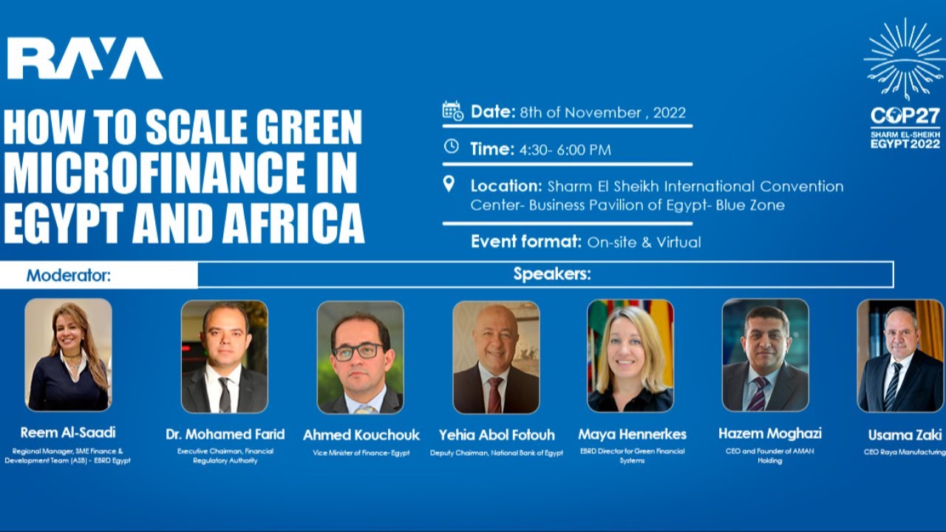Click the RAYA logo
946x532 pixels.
coord(84,58)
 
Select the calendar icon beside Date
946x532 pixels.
coord(452,112)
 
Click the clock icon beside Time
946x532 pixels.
coord(451,147)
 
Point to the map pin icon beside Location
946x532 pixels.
coord(449,184)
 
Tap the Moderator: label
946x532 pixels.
coord(68,276)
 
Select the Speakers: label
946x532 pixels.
coord(552,275)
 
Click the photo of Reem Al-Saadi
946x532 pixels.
coord(68,355)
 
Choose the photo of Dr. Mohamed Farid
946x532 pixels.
coord(225,356)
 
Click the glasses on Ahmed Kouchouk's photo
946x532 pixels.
coord(358,352)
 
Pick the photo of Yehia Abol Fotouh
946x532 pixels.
coord(496,356)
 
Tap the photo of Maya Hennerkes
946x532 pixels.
coord(630,356)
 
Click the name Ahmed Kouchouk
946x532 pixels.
coord(361,434)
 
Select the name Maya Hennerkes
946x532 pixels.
coord(632,434)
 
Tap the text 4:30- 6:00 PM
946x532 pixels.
coord(565,150)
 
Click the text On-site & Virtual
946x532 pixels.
coord(644,242)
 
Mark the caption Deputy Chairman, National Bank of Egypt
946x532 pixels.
coord(496,453)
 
